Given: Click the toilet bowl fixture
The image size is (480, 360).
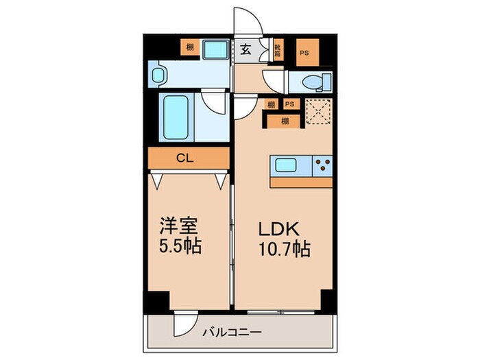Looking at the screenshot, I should (x=313, y=81).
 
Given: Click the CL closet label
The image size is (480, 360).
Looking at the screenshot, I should (x=186, y=158).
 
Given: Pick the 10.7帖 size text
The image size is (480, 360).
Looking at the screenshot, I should (x=283, y=249).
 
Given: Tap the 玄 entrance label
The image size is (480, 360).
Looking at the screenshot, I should (x=245, y=49).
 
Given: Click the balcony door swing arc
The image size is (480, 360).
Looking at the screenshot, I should (x=184, y=317).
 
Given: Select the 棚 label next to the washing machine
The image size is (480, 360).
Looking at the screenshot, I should (x=187, y=47).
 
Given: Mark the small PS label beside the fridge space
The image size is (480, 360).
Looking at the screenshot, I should (x=290, y=104).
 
